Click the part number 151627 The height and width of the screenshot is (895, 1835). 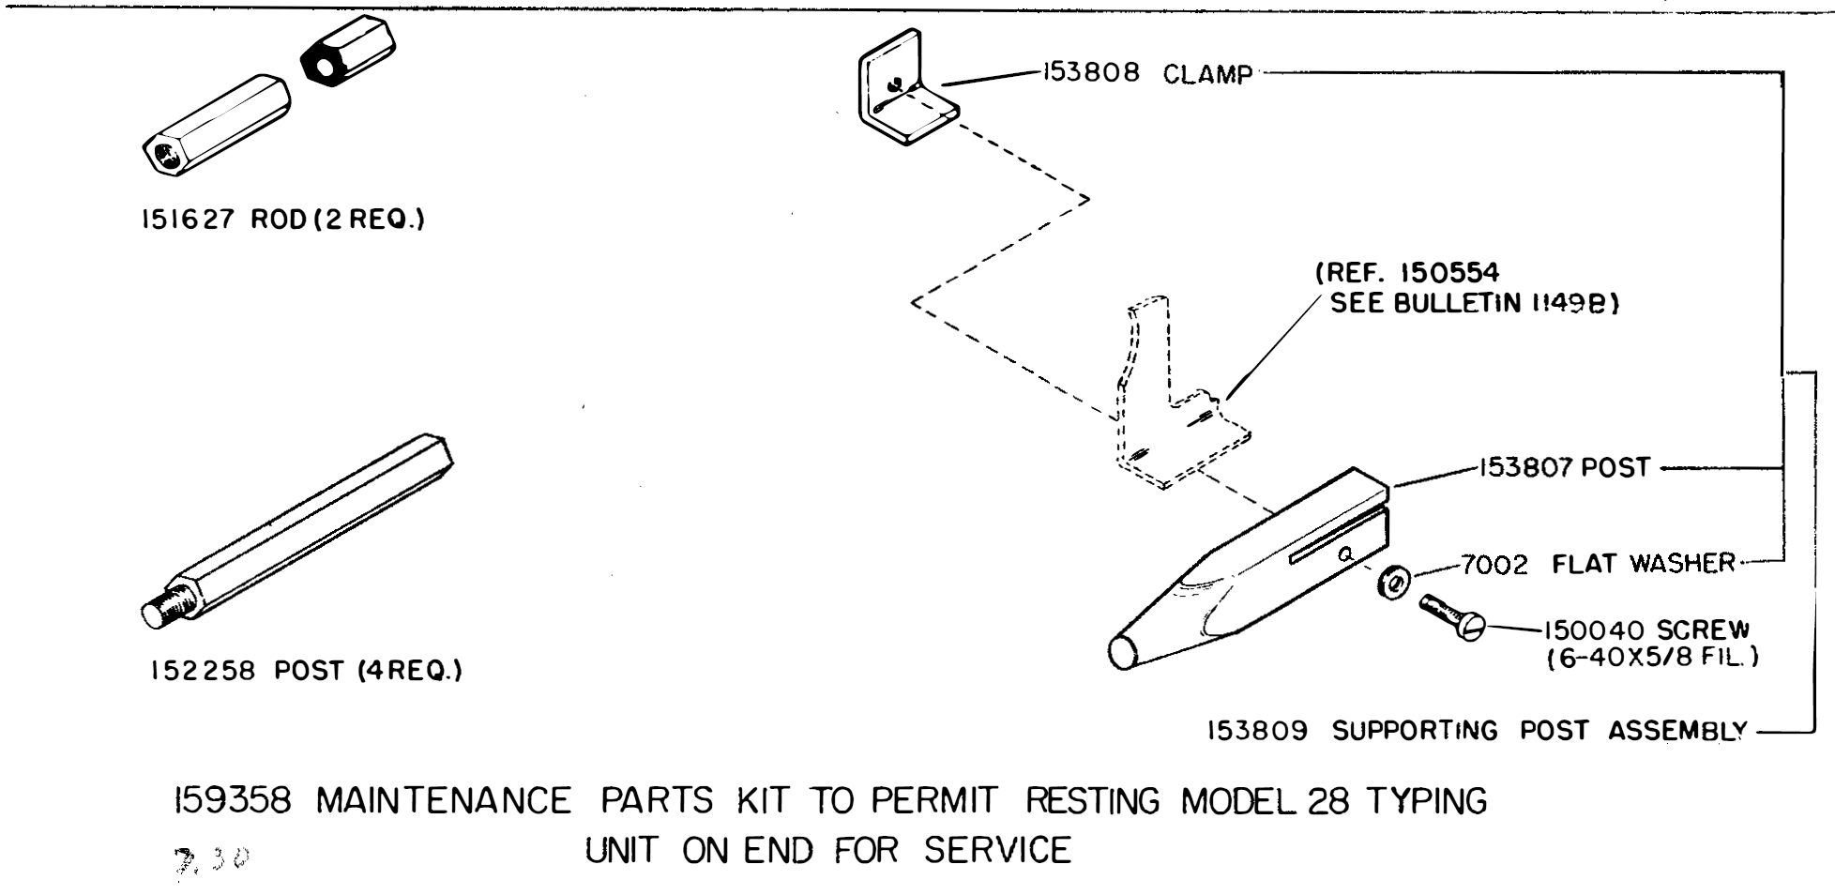pos(186,220)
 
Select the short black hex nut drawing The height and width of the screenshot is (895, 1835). pos(347,54)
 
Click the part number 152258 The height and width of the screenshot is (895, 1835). pos(202,672)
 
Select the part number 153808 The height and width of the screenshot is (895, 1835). pos(1089,72)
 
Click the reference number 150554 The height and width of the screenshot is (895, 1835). pos(1449,273)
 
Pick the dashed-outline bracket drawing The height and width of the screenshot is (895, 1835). pos(1168,403)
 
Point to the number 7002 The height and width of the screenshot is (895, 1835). pos(1494,566)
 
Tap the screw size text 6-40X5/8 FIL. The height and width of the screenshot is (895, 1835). pos(1652,658)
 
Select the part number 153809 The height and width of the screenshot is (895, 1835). pos(1257,731)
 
